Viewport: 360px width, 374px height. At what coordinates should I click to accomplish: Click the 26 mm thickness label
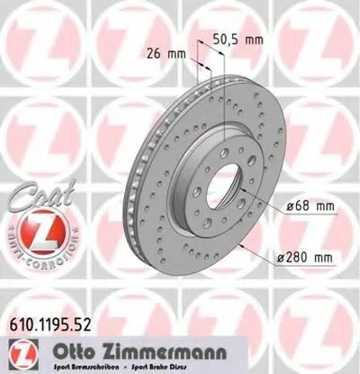(162, 53)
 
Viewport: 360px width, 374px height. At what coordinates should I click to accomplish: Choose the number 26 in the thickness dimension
(154, 53)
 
